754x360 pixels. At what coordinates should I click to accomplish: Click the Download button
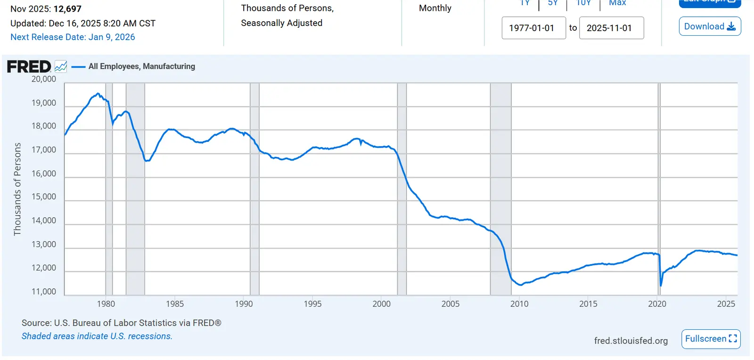710,26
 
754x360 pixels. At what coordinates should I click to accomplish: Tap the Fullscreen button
711,339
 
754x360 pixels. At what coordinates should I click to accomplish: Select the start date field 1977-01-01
533,28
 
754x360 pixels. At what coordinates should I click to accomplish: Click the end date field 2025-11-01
611,28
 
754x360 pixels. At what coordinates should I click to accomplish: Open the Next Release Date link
73,37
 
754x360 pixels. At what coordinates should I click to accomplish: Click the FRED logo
29,66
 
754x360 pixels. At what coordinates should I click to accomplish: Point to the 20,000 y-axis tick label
44,79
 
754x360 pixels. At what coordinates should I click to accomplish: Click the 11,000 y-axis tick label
44,292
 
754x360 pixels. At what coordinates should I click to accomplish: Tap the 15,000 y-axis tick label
44,197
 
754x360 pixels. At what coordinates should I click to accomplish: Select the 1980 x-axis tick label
106,304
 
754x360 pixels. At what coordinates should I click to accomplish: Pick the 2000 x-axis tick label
382,304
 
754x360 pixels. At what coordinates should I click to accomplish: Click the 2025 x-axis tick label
726,304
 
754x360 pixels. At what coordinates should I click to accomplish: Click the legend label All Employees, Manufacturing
141,66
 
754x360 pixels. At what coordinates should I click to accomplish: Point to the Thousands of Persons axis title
17,189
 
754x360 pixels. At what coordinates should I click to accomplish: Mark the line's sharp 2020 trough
661,285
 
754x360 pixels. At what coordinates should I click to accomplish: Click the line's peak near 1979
98,93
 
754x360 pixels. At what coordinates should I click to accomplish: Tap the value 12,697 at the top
67,9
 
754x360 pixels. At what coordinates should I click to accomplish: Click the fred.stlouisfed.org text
631,341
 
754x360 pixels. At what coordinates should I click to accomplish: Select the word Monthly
435,8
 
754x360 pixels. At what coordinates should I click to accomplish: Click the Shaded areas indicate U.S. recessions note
97,336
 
